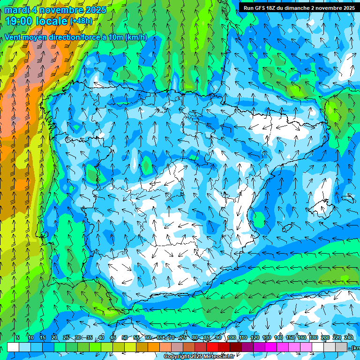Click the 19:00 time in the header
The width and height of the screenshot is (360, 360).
pyautogui.click(x=19, y=21)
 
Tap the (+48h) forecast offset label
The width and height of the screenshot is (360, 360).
pyautogui.click(x=82, y=21)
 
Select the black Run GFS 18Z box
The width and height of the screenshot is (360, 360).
pyautogui.click(x=299, y=7)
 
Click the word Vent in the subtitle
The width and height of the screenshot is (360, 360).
pyautogui.click(x=14, y=37)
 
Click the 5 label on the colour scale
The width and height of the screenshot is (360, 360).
pyautogui.click(x=18, y=337)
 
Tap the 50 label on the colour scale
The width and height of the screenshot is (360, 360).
pyautogui.click(x=124, y=337)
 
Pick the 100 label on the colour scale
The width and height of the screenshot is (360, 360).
pyautogui.click(x=231, y=337)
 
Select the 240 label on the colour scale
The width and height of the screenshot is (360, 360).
pyautogui.click(x=349, y=337)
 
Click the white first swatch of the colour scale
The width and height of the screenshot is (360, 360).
pyautogui.click(x=13, y=347)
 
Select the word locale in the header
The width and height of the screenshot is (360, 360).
pyautogui.click(x=51, y=21)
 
